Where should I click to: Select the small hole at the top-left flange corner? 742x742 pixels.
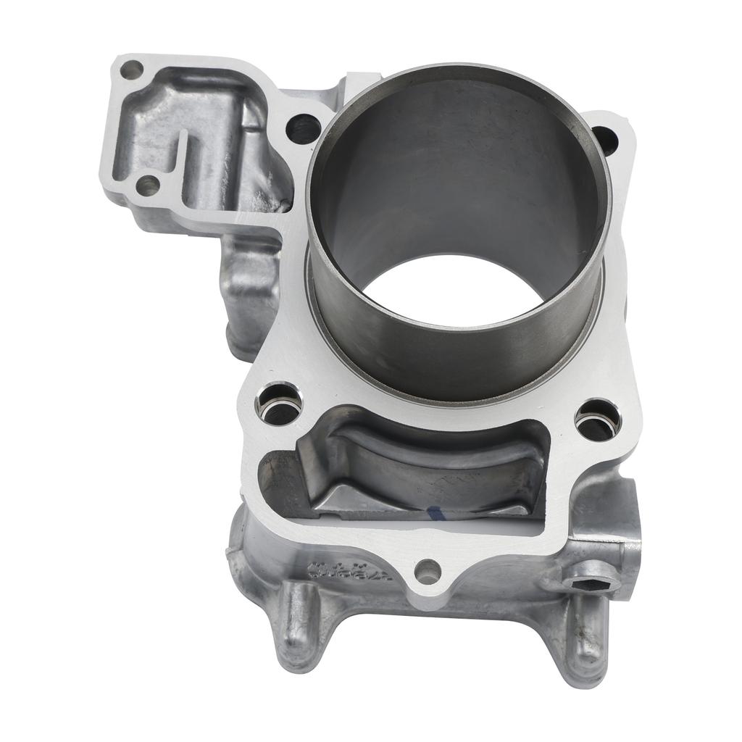(x=131, y=71)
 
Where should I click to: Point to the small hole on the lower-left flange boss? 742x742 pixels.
(x=148, y=185)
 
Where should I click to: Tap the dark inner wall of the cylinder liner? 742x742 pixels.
(x=449, y=167)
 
